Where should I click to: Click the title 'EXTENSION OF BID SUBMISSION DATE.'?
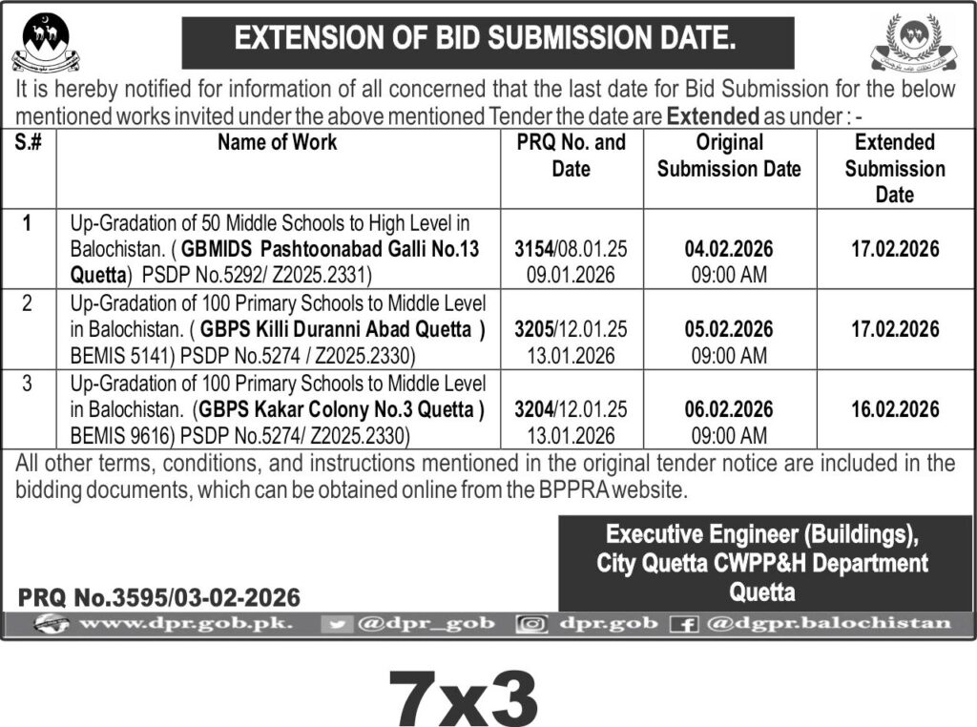tap(486, 40)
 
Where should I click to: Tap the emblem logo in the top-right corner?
tap(912, 44)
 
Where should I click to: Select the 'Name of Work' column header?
tap(277, 143)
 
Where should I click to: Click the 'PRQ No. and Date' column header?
tap(572, 156)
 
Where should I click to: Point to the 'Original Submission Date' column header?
tap(729, 156)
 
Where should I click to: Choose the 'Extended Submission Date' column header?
tap(895, 168)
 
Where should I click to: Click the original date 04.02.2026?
tap(729, 250)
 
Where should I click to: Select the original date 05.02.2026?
tap(729, 329)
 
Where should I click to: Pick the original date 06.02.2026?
tap(729, 409)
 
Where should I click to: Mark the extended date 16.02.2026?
tap(895, 409)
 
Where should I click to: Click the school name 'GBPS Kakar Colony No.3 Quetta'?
tap(339, 410)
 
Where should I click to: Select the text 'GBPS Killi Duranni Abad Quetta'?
tap(337, 329)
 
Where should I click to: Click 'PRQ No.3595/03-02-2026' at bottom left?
tap(159, 598)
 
